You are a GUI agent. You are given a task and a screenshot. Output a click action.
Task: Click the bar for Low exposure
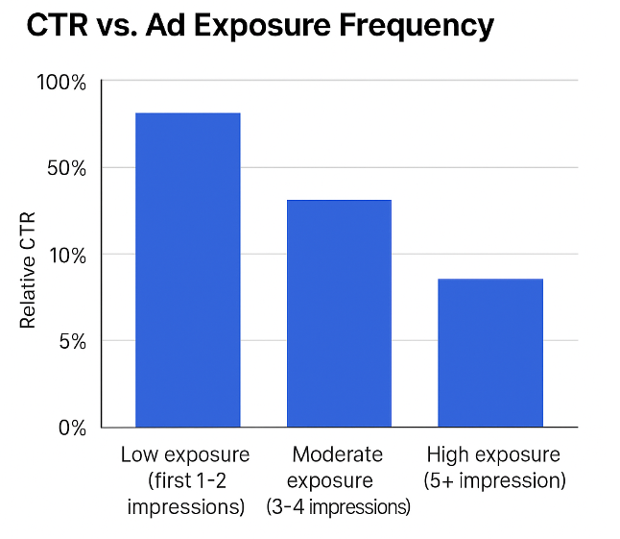pyautogui.click(x=188, y=270)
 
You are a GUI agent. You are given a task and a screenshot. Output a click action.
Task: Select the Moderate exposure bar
pyautogui.click(x=340, y=313)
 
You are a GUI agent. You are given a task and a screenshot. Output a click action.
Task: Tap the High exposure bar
pyautogui.click(x=490, y=353)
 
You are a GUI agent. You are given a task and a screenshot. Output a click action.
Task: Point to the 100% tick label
pyautogui.click(x=62, y=83)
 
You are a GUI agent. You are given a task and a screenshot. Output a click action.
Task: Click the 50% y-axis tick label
pyautogui.click(x=67, y=169)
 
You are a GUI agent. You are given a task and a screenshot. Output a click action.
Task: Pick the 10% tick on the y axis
pyautogui.click(x=67, y=256)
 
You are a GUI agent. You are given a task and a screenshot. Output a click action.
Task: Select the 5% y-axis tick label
pyautogui.click(x=71, y=341)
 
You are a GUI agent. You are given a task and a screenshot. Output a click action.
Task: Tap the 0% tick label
pyautogui.click(x=71, y=428)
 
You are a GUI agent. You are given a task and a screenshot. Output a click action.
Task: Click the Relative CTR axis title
pyautogui.click(x=28, y=270)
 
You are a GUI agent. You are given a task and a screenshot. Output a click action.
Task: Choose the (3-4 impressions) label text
pyautogui.click(x=338, y=506)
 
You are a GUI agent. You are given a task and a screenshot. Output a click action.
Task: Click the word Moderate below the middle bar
pyautogui.click(x=338, y=454)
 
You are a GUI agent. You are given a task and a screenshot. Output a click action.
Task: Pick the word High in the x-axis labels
pyautogui.click(x=447, y=454)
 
